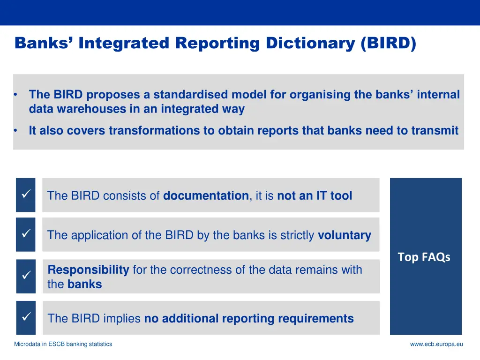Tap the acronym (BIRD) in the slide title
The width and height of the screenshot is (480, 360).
click(388, 43)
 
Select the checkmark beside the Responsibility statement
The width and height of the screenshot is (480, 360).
click(26, 276)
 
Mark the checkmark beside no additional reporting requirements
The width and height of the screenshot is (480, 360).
click(26, 317)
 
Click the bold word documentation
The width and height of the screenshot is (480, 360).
click(206, 196)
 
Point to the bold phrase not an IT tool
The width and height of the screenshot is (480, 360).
click(315, 196)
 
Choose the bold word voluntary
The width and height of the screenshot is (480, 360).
click(345, 235)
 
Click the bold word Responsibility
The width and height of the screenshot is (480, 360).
click(89, 270)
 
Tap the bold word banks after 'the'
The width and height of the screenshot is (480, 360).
click(84, 284)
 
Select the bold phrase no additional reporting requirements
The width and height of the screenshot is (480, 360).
click(248, 319)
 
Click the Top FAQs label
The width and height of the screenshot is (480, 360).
click(424, 257)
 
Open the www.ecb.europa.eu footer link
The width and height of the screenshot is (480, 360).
click(436, 344)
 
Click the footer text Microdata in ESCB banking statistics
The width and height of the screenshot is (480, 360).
click(63, 344)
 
